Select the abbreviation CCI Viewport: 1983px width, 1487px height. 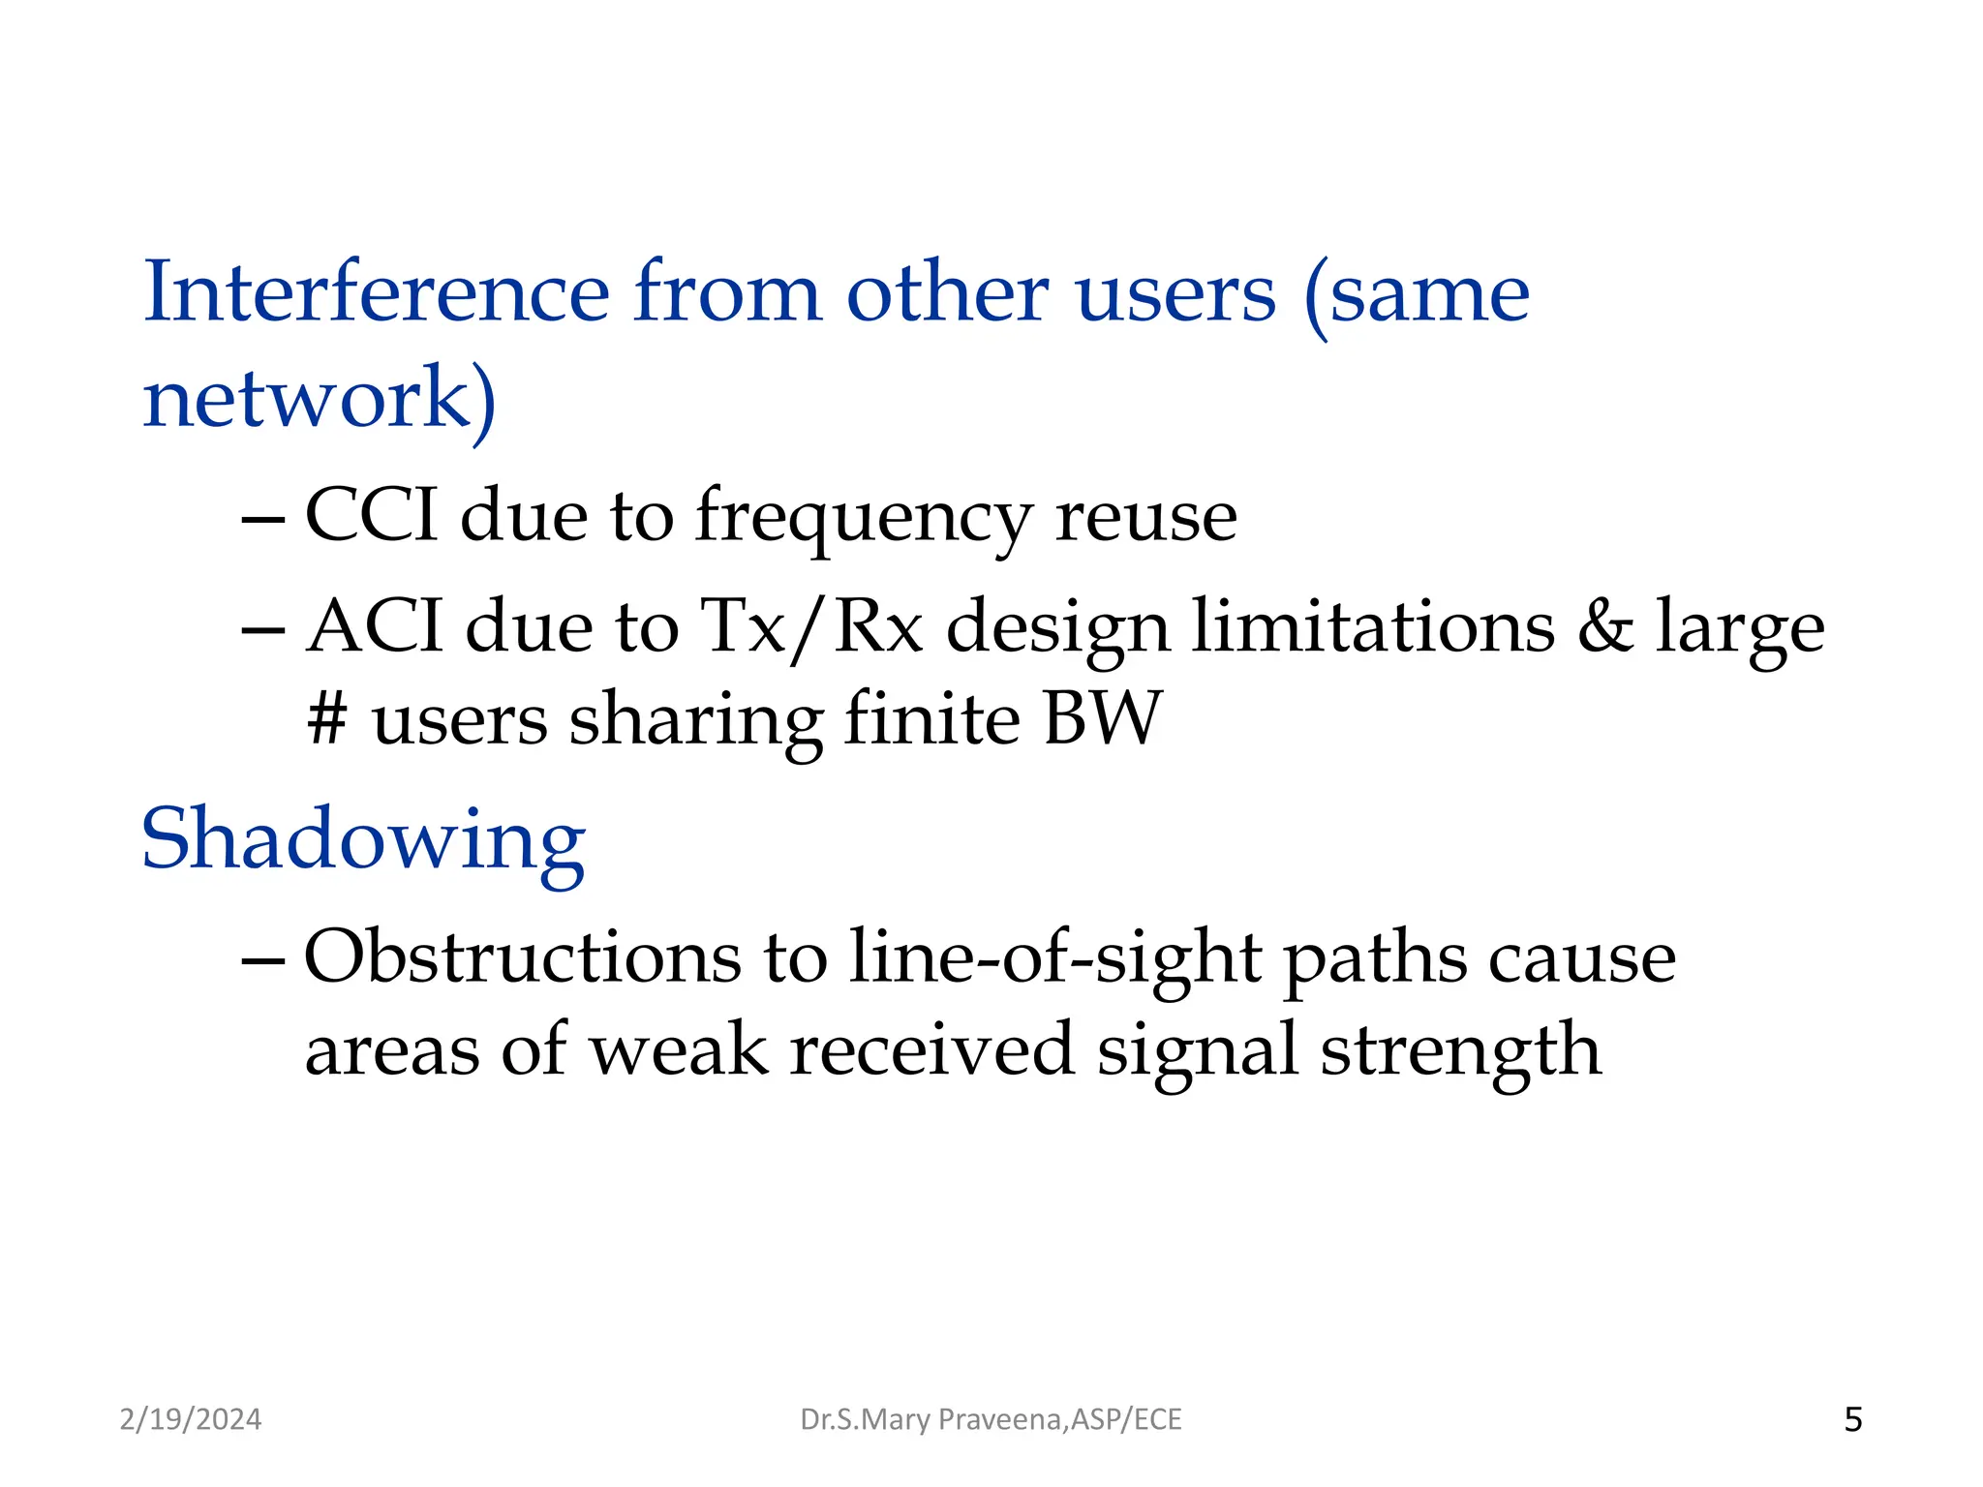pos(371,515)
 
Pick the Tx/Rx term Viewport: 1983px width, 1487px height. pos(811,626)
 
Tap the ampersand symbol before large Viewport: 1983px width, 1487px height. pos(1605,626)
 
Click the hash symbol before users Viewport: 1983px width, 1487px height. pos(326,718)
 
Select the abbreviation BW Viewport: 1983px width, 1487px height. pos(1102,718)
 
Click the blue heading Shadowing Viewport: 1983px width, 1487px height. pos(363,839)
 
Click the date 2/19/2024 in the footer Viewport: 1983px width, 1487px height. pos(191,1419)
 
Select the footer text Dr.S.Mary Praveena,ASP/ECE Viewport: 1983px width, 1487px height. pos(991,1419)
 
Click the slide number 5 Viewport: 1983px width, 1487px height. pos(1853,1419)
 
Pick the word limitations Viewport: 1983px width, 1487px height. pos(1372,626)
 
